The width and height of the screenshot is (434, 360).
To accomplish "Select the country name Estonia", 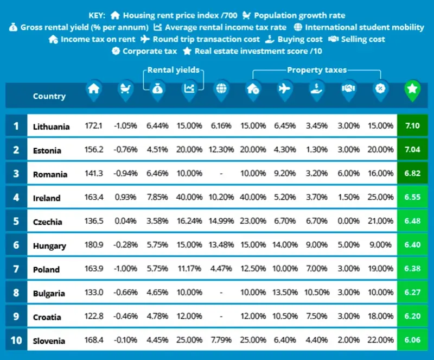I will [x=47, y=150].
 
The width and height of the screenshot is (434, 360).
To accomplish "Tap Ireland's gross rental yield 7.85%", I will [x=158, y=198].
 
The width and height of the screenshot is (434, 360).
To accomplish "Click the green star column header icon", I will [x=412, y=91].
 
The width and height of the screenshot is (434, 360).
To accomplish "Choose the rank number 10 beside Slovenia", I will [x=16, y=340].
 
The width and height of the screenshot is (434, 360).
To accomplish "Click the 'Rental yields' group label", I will [x=174, y=70].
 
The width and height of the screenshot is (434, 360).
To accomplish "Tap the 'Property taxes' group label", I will [x=317, y=70].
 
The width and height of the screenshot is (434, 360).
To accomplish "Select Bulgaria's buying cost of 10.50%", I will [x=316, y=293].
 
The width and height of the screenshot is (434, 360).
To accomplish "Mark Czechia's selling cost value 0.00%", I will [x=348, y=222].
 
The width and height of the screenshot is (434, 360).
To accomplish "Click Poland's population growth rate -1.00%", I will [x=126, y=269].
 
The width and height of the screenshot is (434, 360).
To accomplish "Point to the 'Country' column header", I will [x=49, y=96].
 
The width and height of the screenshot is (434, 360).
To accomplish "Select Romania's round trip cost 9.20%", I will [x=284, y=174].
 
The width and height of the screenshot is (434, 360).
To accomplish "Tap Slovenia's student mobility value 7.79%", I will [x=221, y=341].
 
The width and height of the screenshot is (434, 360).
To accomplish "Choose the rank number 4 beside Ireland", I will [x=16, y=198].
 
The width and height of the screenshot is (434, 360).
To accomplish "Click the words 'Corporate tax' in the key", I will [x=150, y=51].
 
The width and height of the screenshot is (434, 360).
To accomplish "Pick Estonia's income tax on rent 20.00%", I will [x=253, y=150].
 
